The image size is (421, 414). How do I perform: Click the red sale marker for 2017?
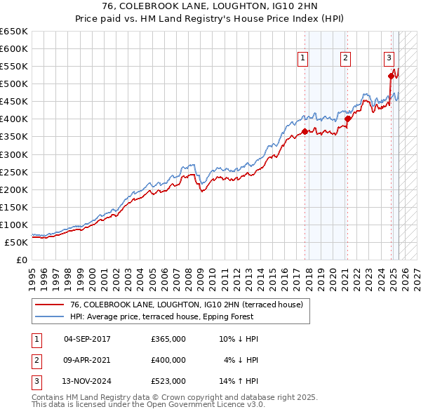(305, 131)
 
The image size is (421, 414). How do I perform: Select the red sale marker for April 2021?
(347, 119)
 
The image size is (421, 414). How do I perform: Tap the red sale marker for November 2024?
(391, 76)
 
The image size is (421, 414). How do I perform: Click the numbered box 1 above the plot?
(302, 59)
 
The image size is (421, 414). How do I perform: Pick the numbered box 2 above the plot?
(346, 59)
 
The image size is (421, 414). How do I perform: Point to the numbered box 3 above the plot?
(389, 59)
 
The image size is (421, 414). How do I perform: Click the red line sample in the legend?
(49, 305)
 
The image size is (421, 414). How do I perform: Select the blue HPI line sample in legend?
(49, 316)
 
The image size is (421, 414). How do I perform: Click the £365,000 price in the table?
(168, 339)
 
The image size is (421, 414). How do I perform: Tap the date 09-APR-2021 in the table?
(87, 360)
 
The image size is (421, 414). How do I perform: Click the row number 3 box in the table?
(36, 381)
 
